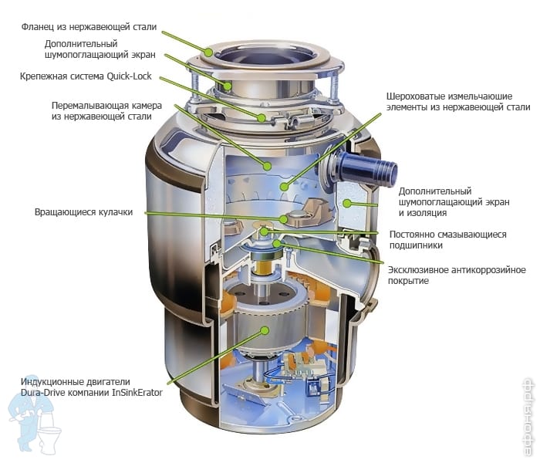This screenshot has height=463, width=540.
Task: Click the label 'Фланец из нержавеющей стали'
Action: (x=89, y=27)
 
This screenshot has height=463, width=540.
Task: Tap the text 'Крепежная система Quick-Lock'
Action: (x=86, y=76)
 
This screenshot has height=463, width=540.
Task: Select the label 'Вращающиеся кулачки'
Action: (x=83, y=212)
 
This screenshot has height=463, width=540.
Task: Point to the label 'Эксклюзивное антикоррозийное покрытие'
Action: (x=457, y=275)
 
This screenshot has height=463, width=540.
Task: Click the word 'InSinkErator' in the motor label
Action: (x=137, y=393)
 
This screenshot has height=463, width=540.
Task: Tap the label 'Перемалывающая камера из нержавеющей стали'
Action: (x=106, y=111)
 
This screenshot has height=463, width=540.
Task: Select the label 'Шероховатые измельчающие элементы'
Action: (x=458, y=102)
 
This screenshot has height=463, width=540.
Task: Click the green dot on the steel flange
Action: (x=209, y=52)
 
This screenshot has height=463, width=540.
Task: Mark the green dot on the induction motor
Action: (x=265, y=331)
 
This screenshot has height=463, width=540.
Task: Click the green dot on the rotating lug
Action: (x=283, y=219)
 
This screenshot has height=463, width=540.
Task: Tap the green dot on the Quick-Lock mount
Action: (x=262, y=118)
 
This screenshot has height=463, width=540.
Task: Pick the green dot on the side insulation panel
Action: (x=347, y=203)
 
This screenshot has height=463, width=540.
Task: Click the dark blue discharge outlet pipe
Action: (x=367, y=168)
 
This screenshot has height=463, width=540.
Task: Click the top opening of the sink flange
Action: (x=264, y=55)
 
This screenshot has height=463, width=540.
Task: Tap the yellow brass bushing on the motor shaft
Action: (x=265, y=268)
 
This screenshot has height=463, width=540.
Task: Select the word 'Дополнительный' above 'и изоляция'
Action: (x=435, y=191)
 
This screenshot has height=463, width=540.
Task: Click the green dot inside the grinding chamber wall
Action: (x=267, y=167)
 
